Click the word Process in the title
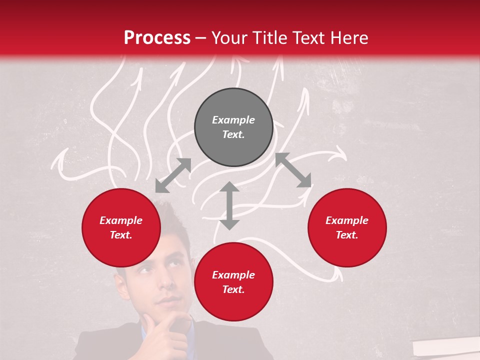coord(157,38)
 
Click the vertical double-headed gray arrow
coord(229,205)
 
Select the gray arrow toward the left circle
coord(173,175)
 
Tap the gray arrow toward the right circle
coord(293,170)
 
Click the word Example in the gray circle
coord(233,120)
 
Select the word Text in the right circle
coord(347,235)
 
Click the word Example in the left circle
coord(121,220)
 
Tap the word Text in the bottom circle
coord(233,289)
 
